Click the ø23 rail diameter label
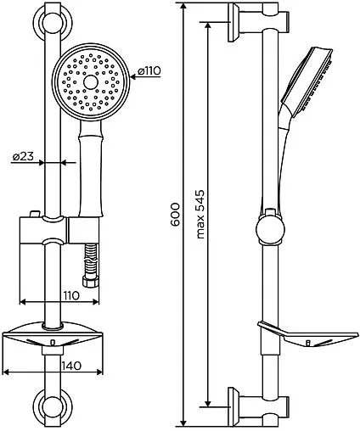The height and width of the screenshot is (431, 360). (x=24, y=156)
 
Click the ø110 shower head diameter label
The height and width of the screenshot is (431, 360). (x=149, y=70)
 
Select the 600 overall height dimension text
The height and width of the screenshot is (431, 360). (x=176, y=214)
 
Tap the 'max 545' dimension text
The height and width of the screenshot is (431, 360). (x=200, y=215)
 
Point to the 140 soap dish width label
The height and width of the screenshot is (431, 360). (x=71, y=366)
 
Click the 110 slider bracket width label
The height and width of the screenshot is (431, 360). (x=71, y=296)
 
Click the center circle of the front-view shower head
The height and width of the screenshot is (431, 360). (x=91, y=82)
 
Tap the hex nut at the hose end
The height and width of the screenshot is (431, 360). (x=91, y=282)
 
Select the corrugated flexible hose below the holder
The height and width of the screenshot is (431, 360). (x=91, y=260)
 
